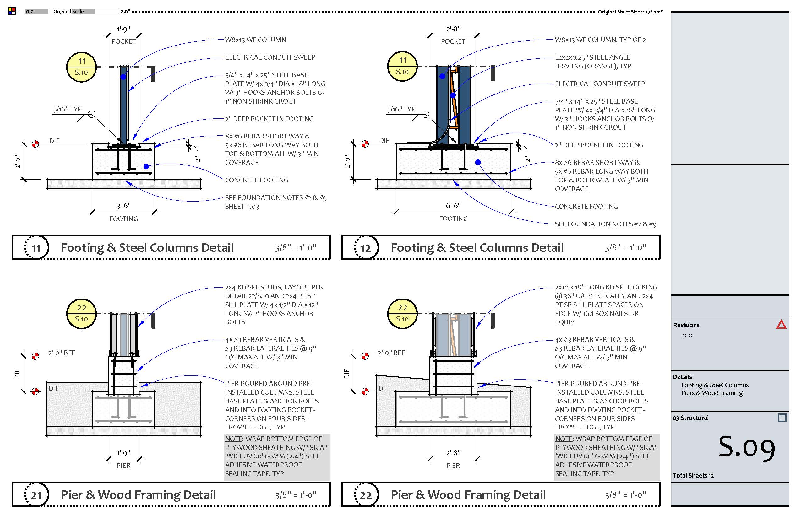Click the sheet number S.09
click(746, 448)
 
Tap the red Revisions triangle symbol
click(781, 325)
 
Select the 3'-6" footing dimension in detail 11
click(123, 206)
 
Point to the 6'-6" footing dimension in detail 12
click(453, 206)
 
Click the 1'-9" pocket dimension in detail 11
click(123, 29)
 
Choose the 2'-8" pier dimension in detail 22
click(453, 453)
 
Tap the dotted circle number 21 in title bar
click(36, 495)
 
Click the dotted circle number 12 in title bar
click(366, 248)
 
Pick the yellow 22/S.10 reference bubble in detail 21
click(81, 314)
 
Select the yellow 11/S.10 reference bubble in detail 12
click(402, 66)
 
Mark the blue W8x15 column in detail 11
click(124, 104)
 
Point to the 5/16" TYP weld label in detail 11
click(67, 109)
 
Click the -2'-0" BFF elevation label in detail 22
click(390, 353)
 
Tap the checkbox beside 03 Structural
click(782, 418)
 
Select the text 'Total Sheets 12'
click(693, 475)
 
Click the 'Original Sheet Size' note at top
click(630, 12)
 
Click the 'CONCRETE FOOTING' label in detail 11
click(256, 180)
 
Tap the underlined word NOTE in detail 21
click(234, 439)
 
